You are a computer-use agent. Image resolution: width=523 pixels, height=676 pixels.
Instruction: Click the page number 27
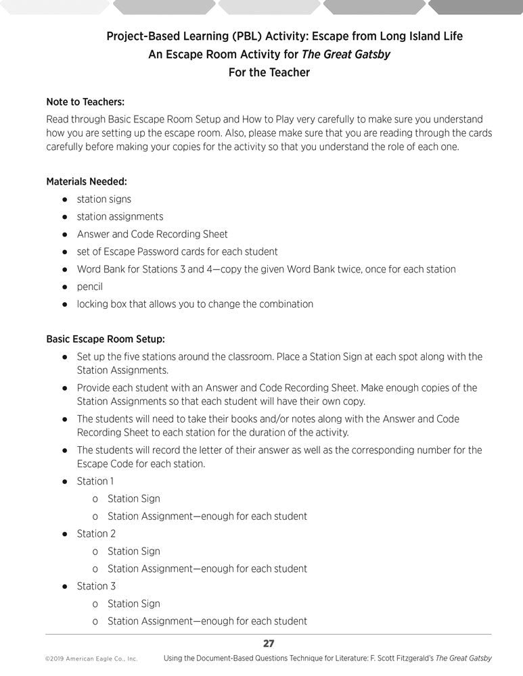[268, 644]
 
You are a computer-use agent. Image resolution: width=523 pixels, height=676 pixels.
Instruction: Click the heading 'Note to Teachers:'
[85, 102]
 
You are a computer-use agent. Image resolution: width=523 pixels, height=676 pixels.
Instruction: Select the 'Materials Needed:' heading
[87, 181]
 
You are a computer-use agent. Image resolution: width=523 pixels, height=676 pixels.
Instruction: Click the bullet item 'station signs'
[104, 199]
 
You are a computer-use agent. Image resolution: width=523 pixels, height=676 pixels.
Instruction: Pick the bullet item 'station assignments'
[120, 216]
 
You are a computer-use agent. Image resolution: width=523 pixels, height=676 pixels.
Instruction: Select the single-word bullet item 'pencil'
[90, 287]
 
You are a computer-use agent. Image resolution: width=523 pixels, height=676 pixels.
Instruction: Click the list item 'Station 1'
[95, 481]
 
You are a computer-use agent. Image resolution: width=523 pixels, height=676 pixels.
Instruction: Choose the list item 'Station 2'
[95, 533]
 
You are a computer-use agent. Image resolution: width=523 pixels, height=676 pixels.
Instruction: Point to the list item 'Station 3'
[96, 586]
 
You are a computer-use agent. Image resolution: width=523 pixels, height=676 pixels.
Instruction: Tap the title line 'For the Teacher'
[269, 72]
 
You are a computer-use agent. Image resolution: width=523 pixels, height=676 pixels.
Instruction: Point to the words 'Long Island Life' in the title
[421, 37]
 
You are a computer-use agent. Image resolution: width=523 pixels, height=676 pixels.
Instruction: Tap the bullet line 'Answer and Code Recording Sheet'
[152, 234]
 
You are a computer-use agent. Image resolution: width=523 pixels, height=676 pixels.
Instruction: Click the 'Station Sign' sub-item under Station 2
[134, 551]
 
